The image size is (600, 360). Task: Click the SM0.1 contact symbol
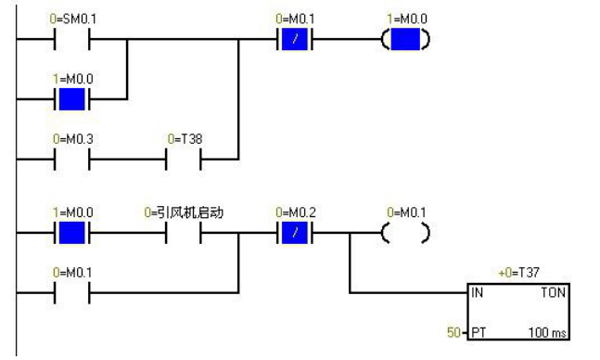[73, 41]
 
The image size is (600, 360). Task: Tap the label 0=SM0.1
[73, 18]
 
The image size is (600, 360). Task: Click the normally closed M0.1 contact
[296, 41]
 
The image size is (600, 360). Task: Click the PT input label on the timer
[478, 331]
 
